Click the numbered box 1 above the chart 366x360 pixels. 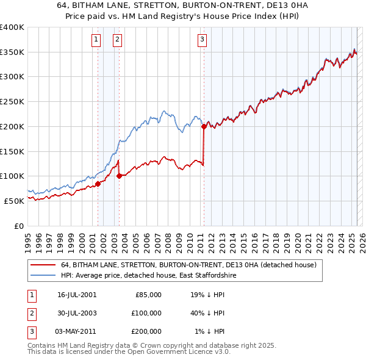96,40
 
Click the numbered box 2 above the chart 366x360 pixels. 117,40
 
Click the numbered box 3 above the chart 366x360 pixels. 202,40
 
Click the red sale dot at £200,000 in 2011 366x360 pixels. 204,127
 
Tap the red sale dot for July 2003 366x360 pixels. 119,176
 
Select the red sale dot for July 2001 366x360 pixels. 98,184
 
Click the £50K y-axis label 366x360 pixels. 14,201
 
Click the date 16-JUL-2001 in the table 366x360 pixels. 77,295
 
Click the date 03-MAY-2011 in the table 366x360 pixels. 77,331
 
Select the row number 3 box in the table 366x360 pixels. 31,331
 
